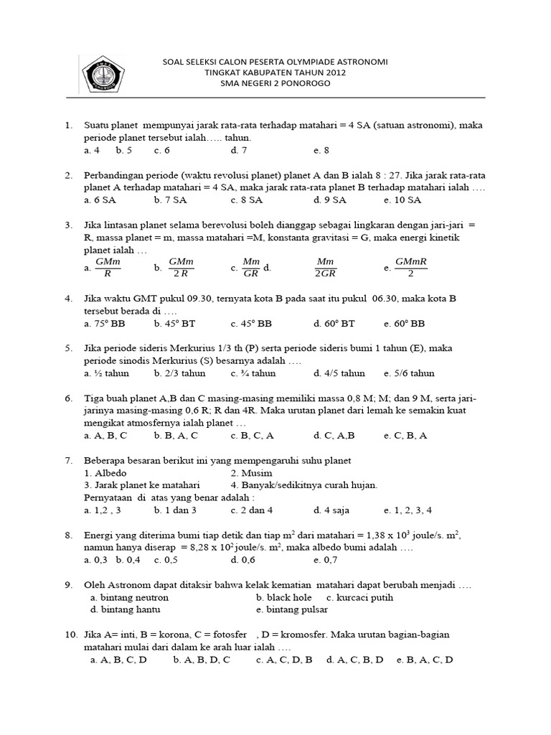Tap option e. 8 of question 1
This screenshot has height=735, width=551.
coord(321,151)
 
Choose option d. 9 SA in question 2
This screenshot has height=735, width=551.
coord(330,200)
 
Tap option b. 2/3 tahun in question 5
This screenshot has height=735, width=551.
coord(179,373)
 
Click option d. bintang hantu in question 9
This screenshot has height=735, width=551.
coord(126,609)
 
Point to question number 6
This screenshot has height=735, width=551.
coord(69,398)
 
